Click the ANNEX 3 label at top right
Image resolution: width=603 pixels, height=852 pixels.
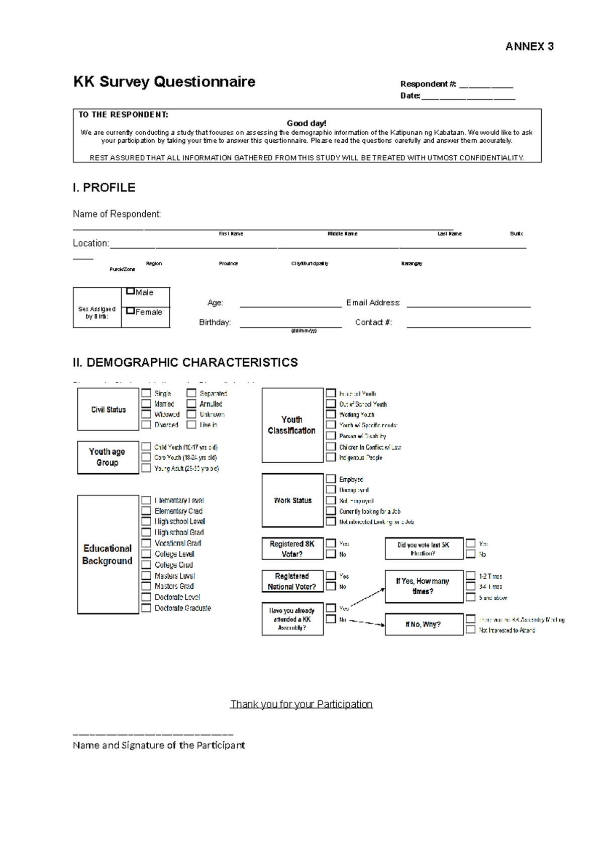click(529, 47)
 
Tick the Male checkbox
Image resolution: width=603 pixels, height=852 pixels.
click(131, 291)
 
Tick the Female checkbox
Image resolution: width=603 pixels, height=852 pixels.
click(131, 311)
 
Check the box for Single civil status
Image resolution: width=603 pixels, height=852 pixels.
click(146, 393)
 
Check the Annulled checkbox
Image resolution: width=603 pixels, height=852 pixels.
click(191, 403)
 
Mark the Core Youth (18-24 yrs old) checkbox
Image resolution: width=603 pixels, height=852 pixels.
click(146, 457)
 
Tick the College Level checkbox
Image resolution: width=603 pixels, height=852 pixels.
click(146, 554)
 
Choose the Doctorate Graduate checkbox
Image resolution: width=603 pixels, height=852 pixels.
click(146, 608)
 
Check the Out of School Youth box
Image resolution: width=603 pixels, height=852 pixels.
click(331, 404)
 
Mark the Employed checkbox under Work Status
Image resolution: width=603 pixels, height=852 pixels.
click(331, 479)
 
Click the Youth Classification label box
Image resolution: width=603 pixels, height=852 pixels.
click(292, 425)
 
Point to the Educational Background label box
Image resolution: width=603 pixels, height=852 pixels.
click(108, 554)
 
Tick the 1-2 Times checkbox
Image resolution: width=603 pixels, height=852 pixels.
click(470, 576)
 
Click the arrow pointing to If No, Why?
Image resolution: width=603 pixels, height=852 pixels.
click(367, 622)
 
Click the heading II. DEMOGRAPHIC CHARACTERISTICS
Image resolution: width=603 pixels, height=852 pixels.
click(185, 362)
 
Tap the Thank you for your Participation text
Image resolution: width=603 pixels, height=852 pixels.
click(301, 704)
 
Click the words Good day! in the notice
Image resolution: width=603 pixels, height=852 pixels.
click(306, 123)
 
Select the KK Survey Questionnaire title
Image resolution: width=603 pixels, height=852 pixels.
click(164, 81)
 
